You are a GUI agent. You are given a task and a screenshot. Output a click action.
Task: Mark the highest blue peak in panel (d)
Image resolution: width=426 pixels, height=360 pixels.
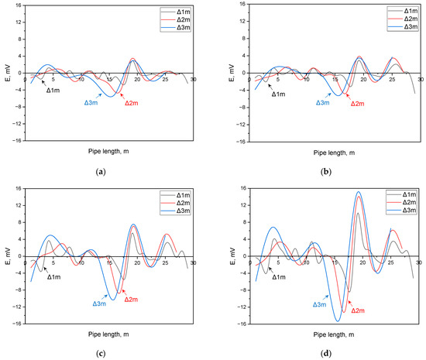point(359,192)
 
